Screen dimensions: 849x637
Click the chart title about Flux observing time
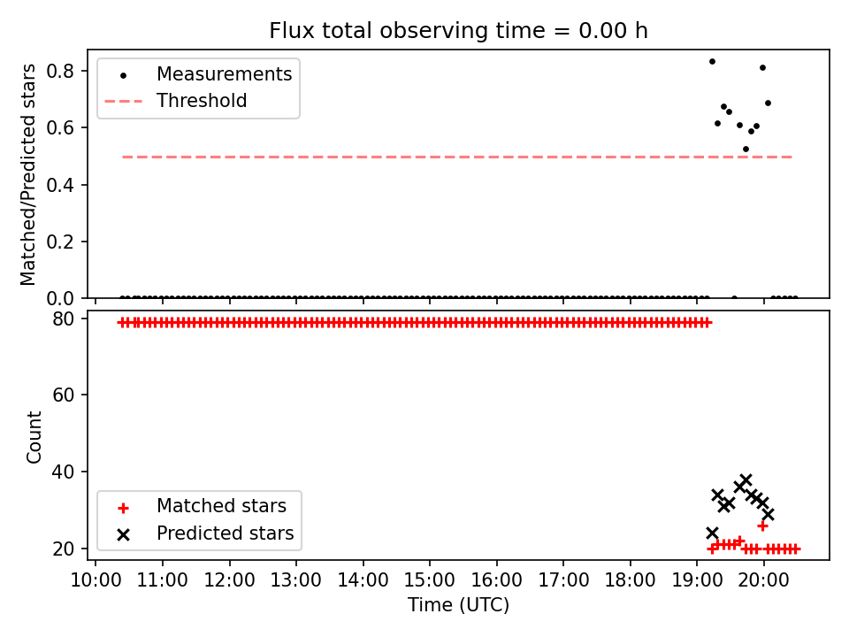(x=459, y=30)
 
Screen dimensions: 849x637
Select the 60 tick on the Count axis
(x=63, y=395)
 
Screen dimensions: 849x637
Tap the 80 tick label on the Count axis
(x=63, y=318)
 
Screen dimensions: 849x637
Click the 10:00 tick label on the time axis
(x=96, y=580)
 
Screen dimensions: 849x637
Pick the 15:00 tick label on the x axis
(x=430, y=580)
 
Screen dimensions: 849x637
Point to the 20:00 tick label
(x=764, y=580)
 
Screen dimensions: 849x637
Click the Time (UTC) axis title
(x=459, y=604)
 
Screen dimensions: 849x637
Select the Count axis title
(x=34, y=437)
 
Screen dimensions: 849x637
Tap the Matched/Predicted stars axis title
(x=27, y=174)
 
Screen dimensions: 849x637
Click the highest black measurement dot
(x=712, y=62)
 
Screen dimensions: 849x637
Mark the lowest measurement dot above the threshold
(x=746, y=149)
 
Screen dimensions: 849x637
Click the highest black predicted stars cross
(x=746, y=480)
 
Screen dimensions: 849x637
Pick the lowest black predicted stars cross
(x=712, y=533)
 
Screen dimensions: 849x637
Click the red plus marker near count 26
(x=762, y=526)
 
